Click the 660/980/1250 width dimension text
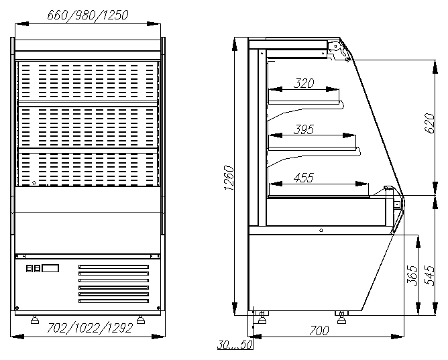click(x=88, y=15)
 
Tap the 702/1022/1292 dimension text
click(x=90, y=328)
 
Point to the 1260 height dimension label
click(x=229, y=178)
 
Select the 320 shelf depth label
click(x=303, y=83)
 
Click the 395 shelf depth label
click(x=303, y=129)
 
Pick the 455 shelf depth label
click(x=303, y=178)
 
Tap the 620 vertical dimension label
click(x=429, y=123)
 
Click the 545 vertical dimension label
click(x=429, y=276)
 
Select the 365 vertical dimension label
click(x=412, y=276)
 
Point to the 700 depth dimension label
click(x=319, y=331)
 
